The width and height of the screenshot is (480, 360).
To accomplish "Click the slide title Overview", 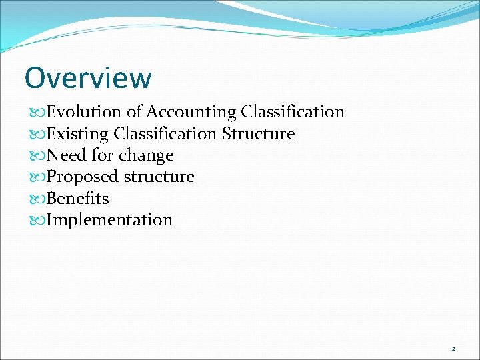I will coord(88,78).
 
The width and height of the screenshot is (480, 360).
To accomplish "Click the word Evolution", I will coord(84,112).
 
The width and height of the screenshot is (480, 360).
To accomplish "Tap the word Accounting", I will coord(191,112).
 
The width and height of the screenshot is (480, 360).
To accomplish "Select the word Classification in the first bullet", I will coord(293,112).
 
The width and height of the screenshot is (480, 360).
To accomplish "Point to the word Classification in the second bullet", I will coord(165,134).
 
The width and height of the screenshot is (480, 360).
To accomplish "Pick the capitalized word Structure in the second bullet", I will coord(258,134).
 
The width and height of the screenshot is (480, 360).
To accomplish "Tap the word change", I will coord(146,155).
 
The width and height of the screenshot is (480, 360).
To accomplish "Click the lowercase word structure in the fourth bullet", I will coord(159,177).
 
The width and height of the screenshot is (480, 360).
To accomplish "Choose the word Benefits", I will coord(77,199).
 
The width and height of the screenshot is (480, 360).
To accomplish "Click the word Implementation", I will coord(109,220).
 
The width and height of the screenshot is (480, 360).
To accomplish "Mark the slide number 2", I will coord(453,349).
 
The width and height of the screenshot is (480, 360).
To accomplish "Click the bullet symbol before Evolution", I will coord(37,113).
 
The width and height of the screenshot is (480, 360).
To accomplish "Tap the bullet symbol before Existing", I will coord(37,135).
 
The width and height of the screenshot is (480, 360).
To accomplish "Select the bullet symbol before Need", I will coord(37,156).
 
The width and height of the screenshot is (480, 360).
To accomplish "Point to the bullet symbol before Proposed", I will coord(37,177).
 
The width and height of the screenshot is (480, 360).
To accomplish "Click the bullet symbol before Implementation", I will coord(37,221).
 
